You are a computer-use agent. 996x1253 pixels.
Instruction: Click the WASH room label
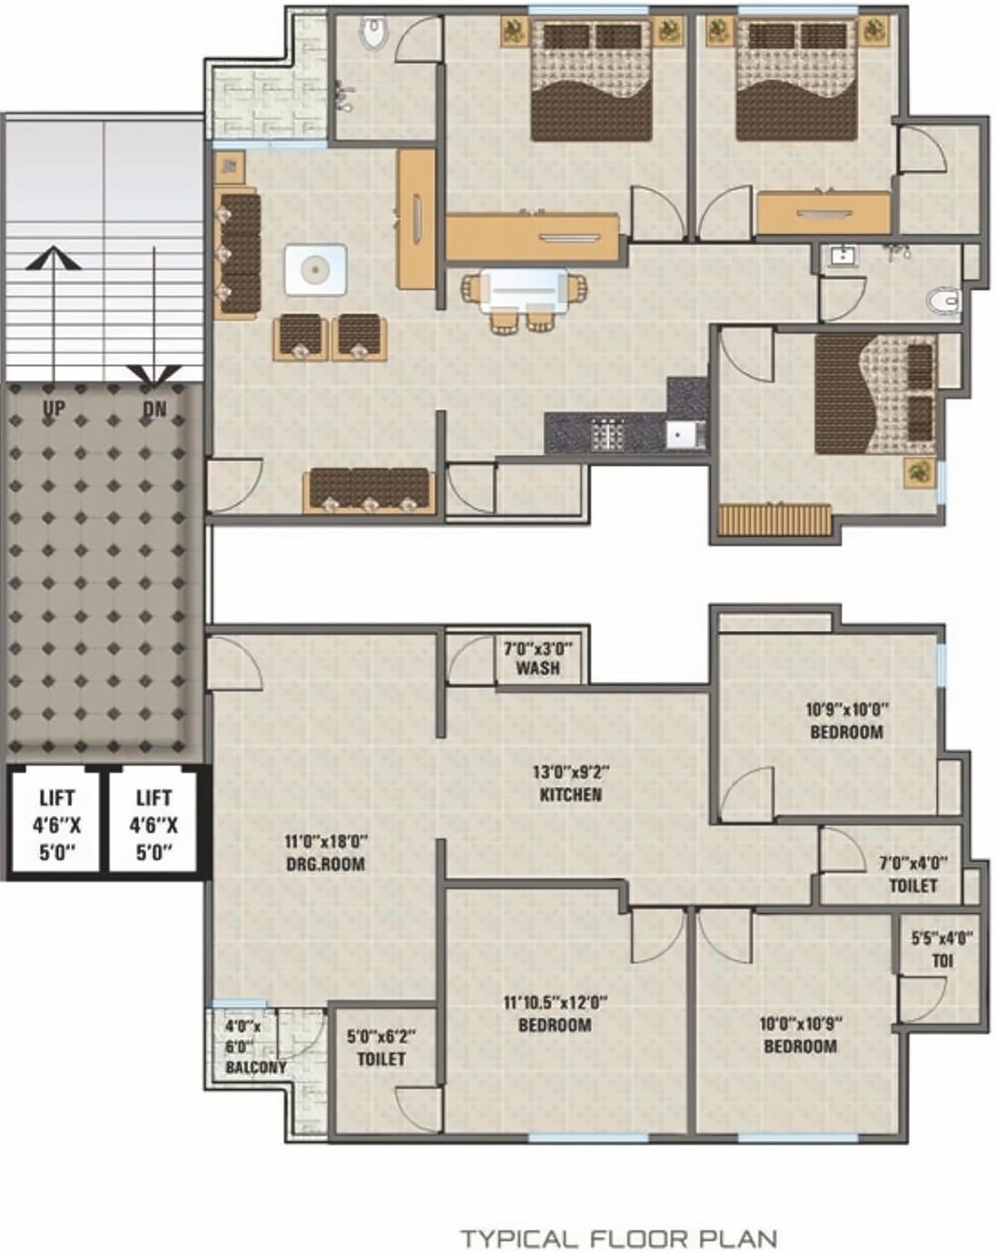[x=537, y=668]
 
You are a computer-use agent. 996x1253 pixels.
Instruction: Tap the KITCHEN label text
[x=570, y=794]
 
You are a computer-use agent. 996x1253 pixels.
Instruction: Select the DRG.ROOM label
[x=325, y=863]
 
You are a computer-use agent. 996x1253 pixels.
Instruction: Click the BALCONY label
[x=255, y=1067]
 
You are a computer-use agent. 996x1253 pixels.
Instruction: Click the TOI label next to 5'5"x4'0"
[x=942, y=961]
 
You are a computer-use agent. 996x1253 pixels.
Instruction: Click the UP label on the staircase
[x=54, y=409]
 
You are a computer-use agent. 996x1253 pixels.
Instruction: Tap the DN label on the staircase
[x=154, y=409]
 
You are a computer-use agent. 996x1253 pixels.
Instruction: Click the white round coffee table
[x=315, y=270]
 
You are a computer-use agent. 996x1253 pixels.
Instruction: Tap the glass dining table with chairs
[x=524, y=295]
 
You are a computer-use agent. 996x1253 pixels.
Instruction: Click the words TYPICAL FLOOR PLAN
[x=618, y=1238]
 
